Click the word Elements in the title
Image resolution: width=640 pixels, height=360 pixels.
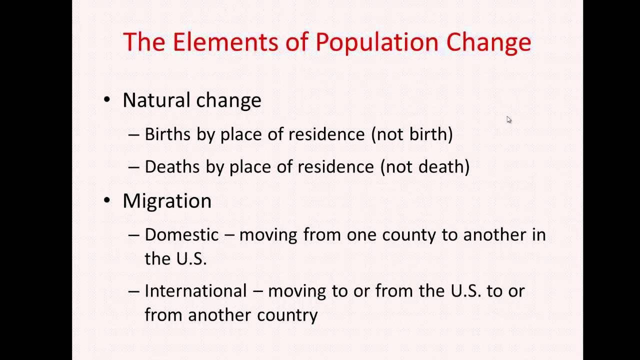click(x=224, y=42)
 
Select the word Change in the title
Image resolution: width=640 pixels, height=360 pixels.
click(x=488, y=42)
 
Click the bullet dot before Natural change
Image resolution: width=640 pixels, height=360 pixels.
click(x=107, y=99)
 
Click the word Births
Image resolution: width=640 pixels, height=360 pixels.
click(x=167, y=134)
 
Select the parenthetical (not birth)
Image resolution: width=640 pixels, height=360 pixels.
click(x=411, y=134)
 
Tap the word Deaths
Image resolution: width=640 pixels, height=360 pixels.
click(x=172, y=166)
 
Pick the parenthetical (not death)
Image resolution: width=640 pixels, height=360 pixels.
click(x=424, y=166)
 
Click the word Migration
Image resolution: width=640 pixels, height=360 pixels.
click(x=167, y=201)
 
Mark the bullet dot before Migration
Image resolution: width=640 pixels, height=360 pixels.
click(x=107, y=200)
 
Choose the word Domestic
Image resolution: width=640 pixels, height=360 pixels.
click(x=181, y=234)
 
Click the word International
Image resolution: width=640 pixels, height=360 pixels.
click(x=195, y=290)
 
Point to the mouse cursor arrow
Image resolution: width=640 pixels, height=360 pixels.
click(x=508, y=119)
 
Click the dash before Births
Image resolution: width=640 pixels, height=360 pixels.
click(x=133, y=134)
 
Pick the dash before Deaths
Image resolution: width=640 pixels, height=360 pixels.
click(x=133, y=167)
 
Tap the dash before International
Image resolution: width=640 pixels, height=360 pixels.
click(x=133, y=291)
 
